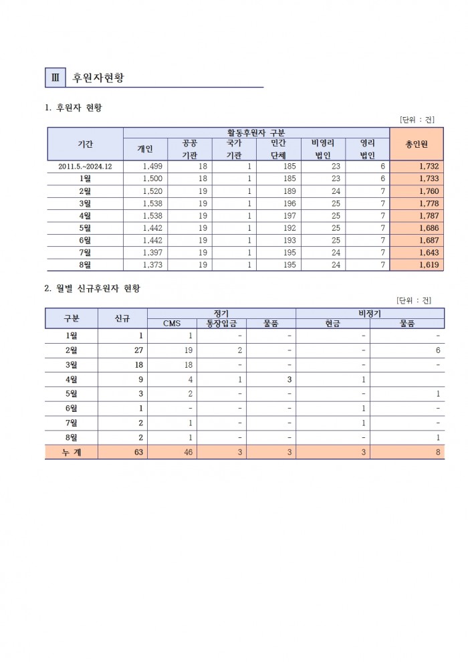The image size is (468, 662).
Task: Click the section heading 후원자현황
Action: (99, 78)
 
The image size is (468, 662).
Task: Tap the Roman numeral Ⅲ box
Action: (55, 78)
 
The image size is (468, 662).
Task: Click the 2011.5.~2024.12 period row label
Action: (85, 167)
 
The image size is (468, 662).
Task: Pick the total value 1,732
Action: (426, 167)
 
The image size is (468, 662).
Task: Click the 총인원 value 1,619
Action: (426, 264)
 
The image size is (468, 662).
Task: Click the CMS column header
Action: (172, 324)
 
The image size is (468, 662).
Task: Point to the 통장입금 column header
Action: (221, 324)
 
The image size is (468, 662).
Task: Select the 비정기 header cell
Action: (370, 313)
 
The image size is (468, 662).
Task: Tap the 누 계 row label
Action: (71, 453)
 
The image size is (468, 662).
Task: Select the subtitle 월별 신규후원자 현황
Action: (96, 288)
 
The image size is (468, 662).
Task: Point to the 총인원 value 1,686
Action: (426, 227)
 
